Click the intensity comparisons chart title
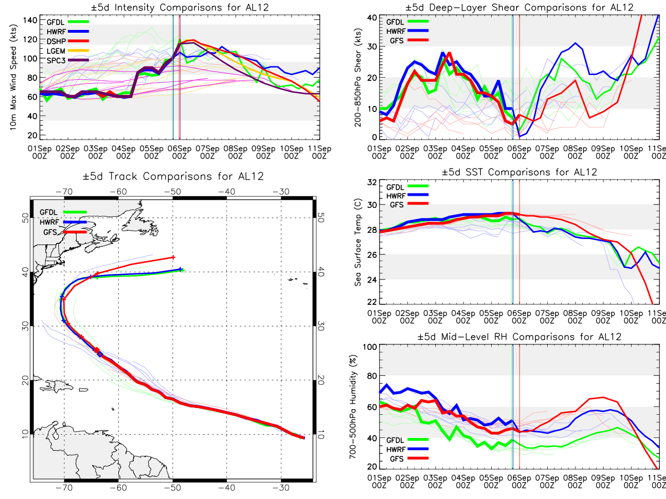point(180,7)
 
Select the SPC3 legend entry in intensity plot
point(67,60)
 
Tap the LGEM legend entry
point(67,51)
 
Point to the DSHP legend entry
point(67,41)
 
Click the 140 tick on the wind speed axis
point(30,21)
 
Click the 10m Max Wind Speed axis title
point(13,78)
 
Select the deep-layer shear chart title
point(519,7)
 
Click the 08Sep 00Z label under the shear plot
point(575,152)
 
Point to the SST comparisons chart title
point(519,172)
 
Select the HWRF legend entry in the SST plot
point(407,196)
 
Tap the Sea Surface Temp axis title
point(358,242)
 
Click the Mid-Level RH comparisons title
point(519,337)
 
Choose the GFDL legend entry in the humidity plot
point(407,440)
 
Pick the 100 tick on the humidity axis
point(370,347)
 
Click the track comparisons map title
point(173,176)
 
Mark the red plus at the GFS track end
point(173,257)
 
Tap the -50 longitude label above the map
point(173,191)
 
